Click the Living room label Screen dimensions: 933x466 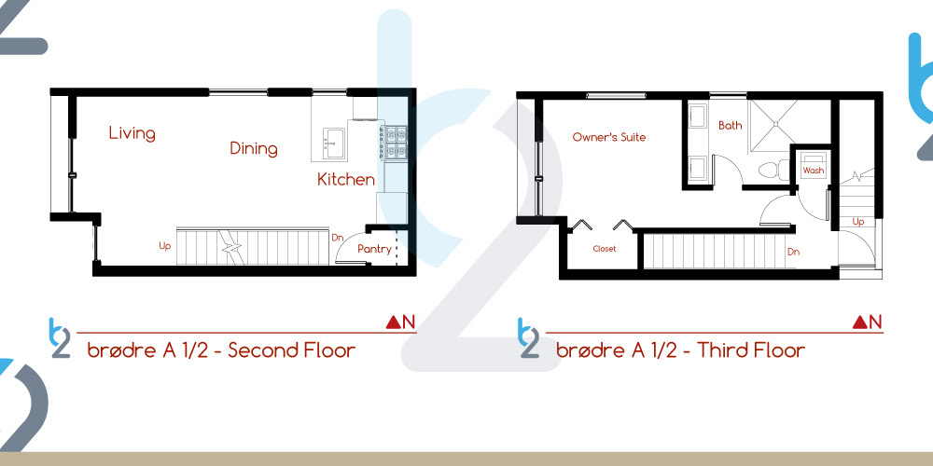pyautogui.click(x=132, y=133)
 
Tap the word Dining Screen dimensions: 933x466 pyautogui.click(x=254, y=148)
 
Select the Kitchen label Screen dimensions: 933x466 pyautogui.click(x=346, y=179)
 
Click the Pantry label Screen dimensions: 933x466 pyautogui.click(x=374, y=249)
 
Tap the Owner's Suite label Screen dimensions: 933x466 pyautogui.click(x=608, y=137)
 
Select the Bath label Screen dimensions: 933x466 pyautogui.click(x=731, y=126)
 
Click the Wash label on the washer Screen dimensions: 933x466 pyautogui.click(x=813, y=171)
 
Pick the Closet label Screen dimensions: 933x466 pyautogui.click(x=605, y=249)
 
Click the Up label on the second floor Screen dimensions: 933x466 pyautogui.click(x=165, y=245)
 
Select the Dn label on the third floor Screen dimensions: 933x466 pyautogui.click(x=793, y=252)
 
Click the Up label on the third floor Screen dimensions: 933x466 pyautogui.click(x=858, y=222)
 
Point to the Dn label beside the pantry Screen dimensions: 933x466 pyautogui.click(x=338, y=237)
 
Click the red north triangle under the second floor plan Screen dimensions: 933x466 pyautogui.click(x=392, y=322)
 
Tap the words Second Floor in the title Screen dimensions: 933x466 pyautogui.click(x=291, y=350)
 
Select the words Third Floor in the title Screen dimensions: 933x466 pyautogui.click(x=751, y=350)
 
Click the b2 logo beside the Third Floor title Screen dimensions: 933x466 pyautogui.click(x=528, y=338)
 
